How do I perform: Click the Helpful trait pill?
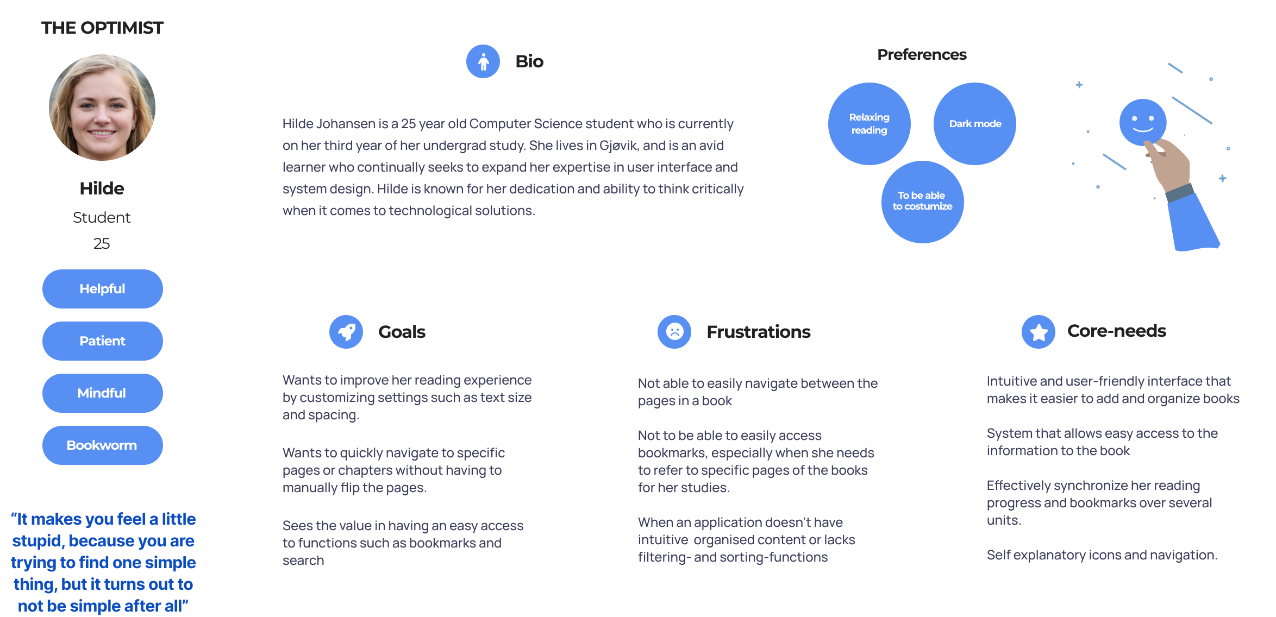point(102,289)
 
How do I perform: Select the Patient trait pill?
point(102,341)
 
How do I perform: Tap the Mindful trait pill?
point(102,393)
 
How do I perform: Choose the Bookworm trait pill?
point(102,445)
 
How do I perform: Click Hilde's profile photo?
point(102,108)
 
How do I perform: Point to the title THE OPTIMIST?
point(102,28)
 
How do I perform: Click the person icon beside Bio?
point(483,61)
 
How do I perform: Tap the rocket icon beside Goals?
point(346,332)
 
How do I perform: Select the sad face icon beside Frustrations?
point(674,332)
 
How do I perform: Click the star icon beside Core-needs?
point(1039,332)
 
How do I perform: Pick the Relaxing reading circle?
point(870,124)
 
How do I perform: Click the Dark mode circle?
point(975,124)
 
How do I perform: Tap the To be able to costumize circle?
point(922,202)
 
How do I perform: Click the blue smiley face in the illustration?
point(1142,122)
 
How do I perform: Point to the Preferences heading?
point(922,55)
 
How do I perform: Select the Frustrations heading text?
point(758,332)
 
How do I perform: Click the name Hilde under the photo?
point(102,188)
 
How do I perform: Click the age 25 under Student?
point(102,243)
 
